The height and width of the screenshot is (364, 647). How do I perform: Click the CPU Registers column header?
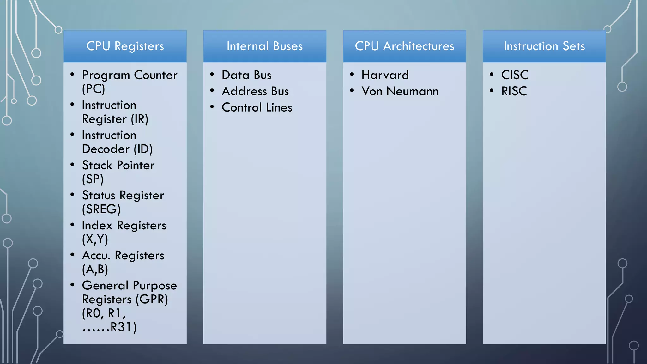coord(125,46)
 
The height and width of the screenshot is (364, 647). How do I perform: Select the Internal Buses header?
coord(264,46)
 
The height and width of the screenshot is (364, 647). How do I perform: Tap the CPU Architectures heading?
coord(404,46)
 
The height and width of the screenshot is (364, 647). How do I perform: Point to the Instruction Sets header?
coord(544,46)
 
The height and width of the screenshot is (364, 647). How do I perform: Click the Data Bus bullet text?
coord(246,75)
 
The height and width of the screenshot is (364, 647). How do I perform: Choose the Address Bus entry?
coord(255,91)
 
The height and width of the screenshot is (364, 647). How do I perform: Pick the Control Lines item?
coord(257,107)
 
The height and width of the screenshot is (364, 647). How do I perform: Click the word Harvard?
coord(385,75)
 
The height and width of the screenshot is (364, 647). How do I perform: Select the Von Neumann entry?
coord(400,91)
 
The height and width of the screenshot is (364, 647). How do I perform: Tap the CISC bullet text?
coord(515,75)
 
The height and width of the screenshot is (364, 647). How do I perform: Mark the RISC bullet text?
coord(514,91)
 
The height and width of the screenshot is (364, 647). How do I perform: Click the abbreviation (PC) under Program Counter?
coord(94,89)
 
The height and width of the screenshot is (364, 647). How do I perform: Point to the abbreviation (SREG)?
coord(101,209)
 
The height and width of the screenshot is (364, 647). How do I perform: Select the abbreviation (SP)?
coord(93,179)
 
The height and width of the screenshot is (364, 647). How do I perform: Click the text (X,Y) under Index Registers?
coord(95,239)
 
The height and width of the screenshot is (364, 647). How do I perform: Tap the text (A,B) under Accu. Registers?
coord(95,269)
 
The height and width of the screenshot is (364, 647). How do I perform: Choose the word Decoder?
coord(106,149)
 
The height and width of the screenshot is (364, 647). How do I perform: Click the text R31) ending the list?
coord(123,327)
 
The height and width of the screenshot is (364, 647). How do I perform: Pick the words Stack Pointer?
coord(118,165)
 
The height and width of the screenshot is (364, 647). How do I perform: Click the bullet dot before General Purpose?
coord(72,285)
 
